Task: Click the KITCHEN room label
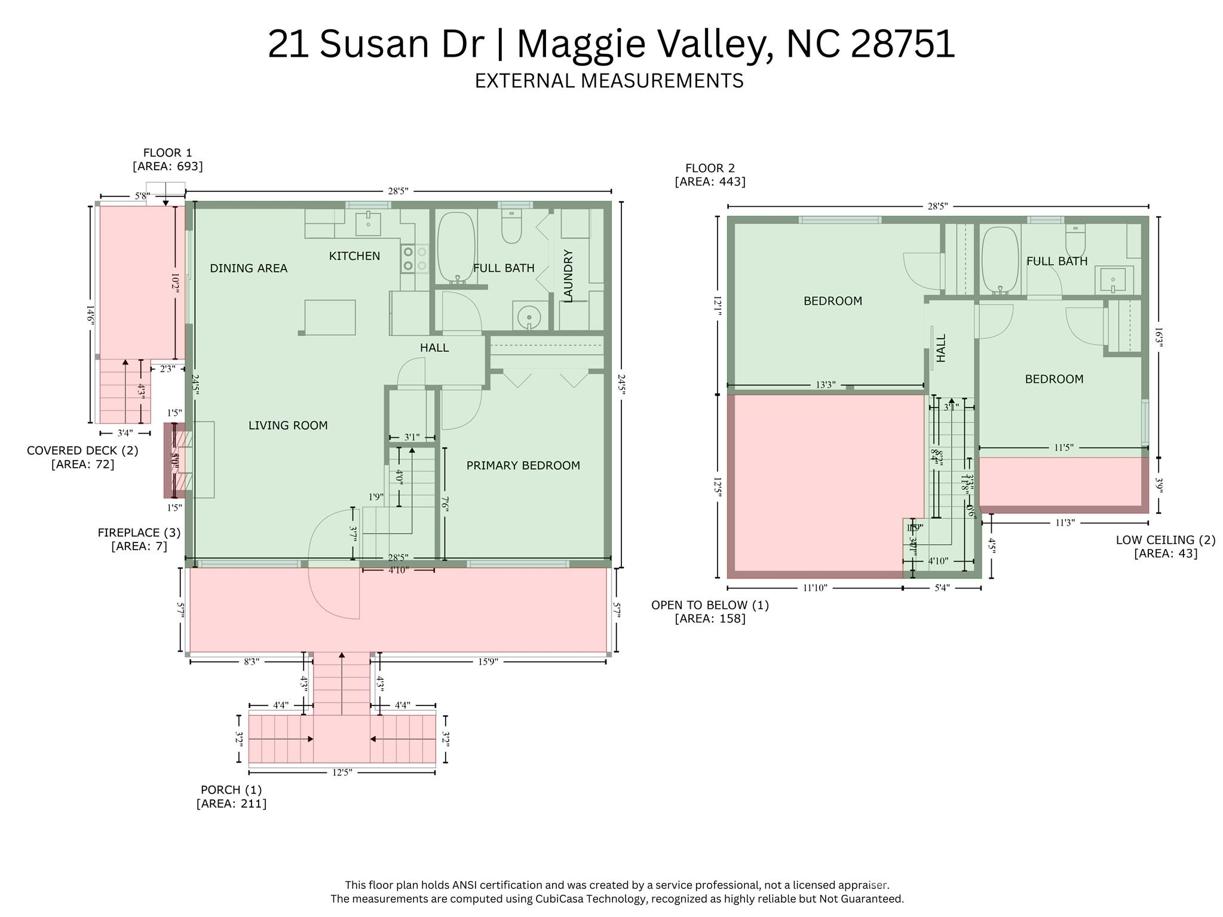pos(354,256)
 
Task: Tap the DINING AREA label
pos(249,269)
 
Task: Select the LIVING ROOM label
pos(288,426)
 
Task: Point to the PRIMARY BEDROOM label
pos(523,466)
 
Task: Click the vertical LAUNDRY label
pos(568,276)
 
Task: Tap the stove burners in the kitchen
pos(415,259)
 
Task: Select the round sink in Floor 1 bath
pos(529,317)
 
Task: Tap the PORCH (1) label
pos(231,790)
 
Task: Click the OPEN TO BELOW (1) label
pos(710,605)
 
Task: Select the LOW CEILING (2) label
pos(1165,540)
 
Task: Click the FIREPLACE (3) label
pos(139,533)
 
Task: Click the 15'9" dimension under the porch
pos(488,662)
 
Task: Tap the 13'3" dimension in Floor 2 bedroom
pos(825,385)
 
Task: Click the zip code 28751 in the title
pos(902,44)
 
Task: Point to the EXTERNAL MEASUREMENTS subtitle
pos(609,81)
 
